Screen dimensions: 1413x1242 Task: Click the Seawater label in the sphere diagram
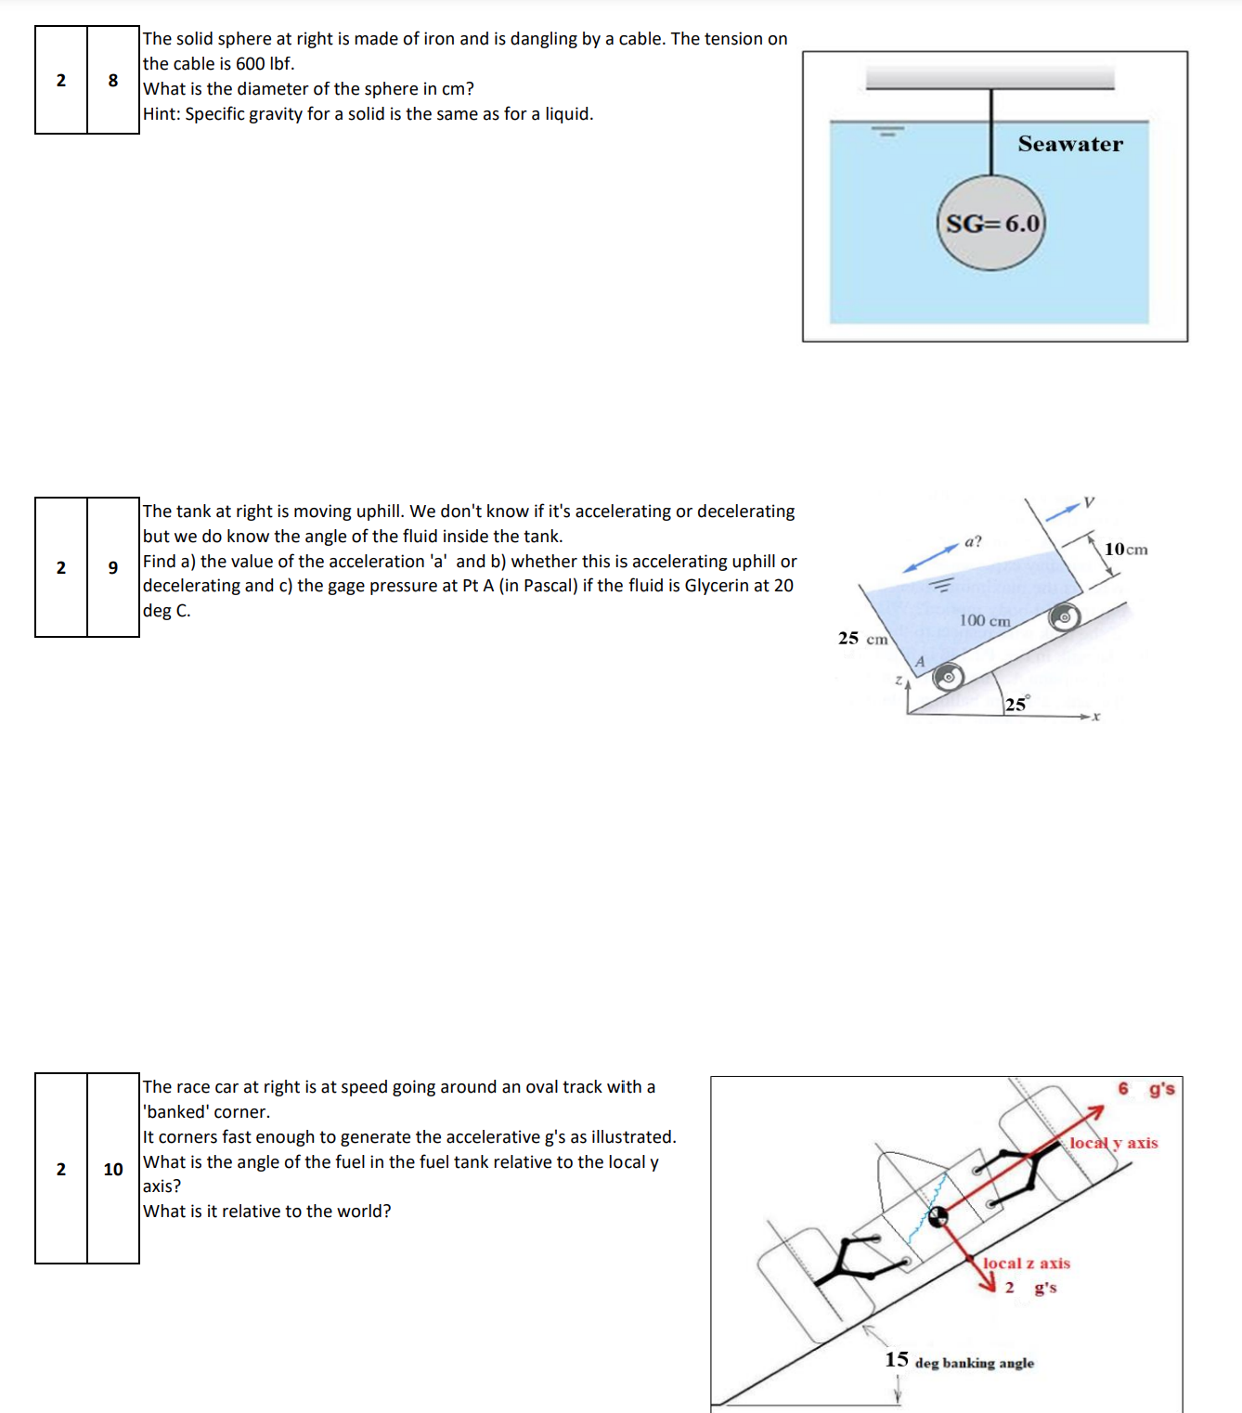(x=1069, y=144)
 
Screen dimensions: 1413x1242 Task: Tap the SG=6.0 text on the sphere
(x=992, y=224)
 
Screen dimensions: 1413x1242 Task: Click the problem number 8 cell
(x=113, y=80)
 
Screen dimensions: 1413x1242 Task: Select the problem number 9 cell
(x=113, y=567)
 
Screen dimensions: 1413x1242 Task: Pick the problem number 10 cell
(x=113, y=1169)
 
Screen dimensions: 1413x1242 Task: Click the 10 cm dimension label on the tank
(x=1125, y=549)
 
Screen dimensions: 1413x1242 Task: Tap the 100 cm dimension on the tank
(x=984, y=620)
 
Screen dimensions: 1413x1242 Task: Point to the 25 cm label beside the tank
(x=862, y=638)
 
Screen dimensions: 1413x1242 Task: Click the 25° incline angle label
(x=1016, y=705)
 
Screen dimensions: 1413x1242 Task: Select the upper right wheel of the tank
(x=1064, y=616)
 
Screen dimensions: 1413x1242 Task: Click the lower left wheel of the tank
(x=948, y=677)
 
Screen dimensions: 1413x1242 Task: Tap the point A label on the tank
(x=920, y=661)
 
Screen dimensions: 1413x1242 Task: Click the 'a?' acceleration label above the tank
(x=972, y=541)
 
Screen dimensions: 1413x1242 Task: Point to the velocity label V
(x=1089, y=502)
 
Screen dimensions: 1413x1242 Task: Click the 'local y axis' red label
(x=1113, y=1143)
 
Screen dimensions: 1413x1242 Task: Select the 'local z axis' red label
(x=1026, y=1264)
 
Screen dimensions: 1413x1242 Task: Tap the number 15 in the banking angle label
(x=896, y=1360)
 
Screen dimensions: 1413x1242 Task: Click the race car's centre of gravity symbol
(x=938, y=1216)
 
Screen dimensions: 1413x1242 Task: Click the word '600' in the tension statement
(x=250, y=64)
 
